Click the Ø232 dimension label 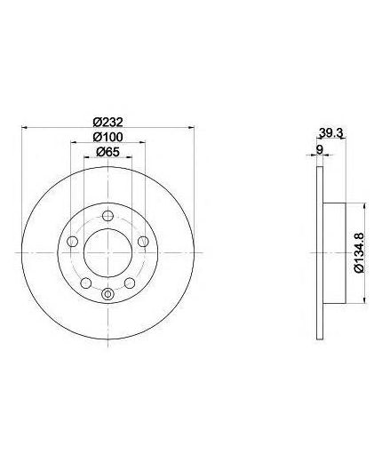point(107,122)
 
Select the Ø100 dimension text point(107,137)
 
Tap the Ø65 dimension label point(107,152)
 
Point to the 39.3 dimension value point(331,133)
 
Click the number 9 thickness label point(319,149)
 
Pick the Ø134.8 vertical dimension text point(359,252)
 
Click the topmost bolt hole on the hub point(107,216)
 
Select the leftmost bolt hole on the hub point(72,242)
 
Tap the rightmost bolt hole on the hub point(143,242)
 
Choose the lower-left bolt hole point(86,283)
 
